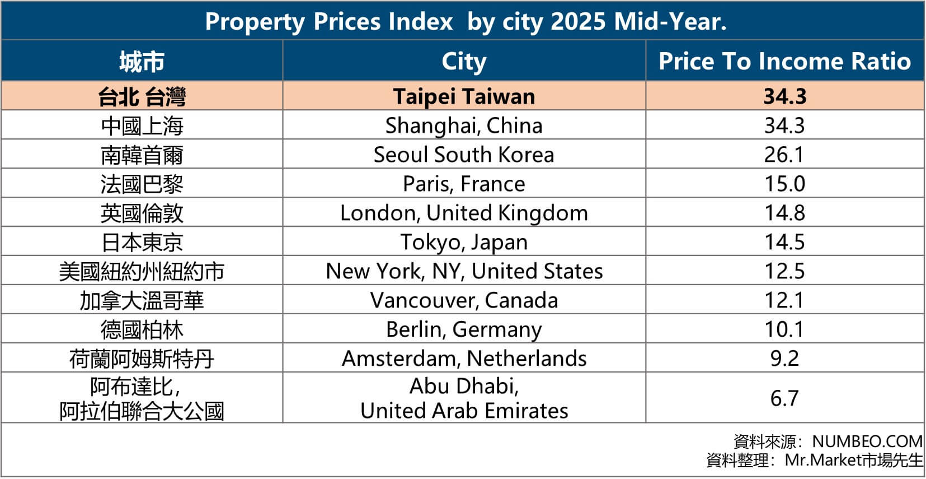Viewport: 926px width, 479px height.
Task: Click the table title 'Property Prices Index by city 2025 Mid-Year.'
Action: (466, 21)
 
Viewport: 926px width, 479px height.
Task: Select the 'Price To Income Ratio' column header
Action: (784, 61)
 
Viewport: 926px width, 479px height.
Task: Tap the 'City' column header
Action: (464, 61)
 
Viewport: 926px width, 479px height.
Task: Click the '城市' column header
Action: (142, 61)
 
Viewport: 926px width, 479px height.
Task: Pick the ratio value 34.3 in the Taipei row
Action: (784, 96)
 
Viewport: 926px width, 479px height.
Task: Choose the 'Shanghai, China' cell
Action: (464, 125)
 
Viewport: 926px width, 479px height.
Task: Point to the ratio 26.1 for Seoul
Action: (784, 155)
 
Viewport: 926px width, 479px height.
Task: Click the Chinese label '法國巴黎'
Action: (142, 184)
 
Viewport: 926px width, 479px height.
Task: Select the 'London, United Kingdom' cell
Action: (464, 213)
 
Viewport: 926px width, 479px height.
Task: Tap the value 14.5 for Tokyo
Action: (784, 242)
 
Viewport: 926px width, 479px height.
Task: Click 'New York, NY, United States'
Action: (464, 271)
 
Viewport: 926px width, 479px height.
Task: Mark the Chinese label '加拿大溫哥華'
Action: (142, 300)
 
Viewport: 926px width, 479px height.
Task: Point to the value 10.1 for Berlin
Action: (784, 329)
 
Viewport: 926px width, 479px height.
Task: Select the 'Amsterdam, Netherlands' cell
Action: (464, 359)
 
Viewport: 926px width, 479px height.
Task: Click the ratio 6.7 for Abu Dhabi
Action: (784, 398)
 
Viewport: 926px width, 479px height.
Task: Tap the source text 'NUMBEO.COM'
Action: (867, 441)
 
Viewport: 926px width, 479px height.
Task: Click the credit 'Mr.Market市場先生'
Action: (853, 460)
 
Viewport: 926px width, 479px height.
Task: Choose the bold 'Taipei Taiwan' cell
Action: (464, 96)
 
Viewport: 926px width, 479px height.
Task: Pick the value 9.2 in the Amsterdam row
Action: (784, 359)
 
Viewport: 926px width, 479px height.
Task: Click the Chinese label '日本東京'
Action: (142, 242)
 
